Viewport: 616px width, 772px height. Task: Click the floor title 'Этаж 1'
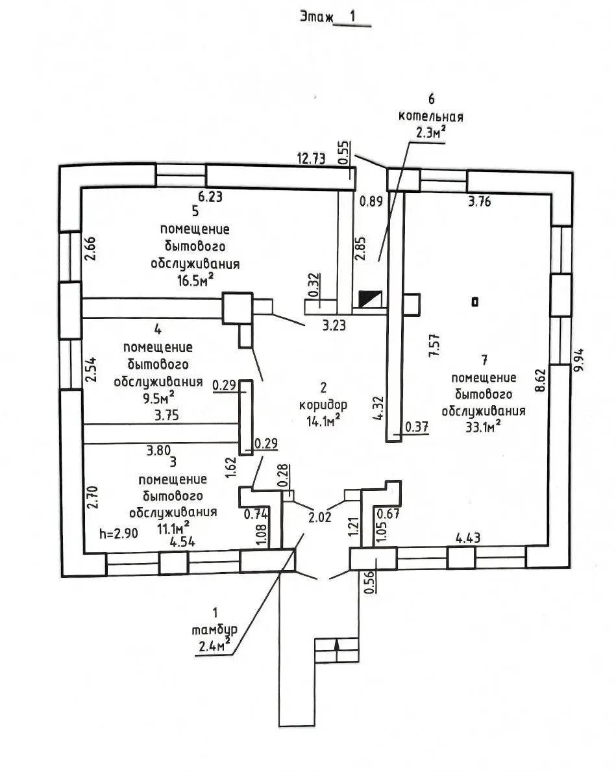(334, 18)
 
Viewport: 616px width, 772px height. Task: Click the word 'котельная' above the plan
(432, 117)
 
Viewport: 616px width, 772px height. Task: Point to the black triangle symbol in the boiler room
(371, 299)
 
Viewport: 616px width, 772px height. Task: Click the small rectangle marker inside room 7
(475, 301)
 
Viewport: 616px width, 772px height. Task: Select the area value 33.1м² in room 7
(482, 426)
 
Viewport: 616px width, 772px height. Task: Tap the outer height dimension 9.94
(579, 358)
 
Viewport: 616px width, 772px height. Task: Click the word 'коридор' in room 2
(323, 405)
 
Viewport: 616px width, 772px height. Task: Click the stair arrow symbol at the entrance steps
(336, 646)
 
